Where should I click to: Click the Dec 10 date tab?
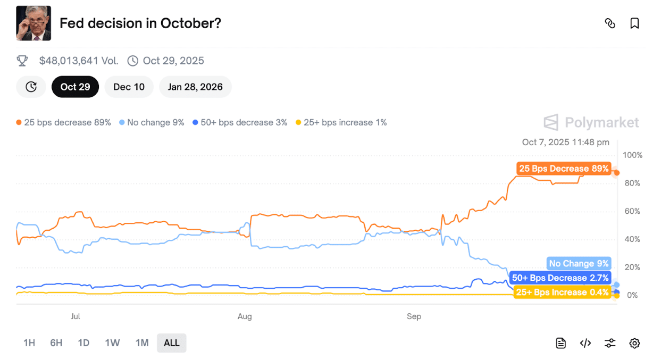click(129, 87)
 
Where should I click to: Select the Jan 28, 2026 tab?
click(195, 87)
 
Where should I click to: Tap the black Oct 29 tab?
click(75, 87)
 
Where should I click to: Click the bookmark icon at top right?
click(634, 23)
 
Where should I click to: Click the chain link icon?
click(610, 23)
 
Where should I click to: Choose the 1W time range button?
click(112, 343)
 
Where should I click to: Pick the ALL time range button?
click(171, 343)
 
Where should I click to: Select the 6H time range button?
click(56, 343)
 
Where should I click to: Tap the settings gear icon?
click(634, 343)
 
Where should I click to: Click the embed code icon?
click(585, 343)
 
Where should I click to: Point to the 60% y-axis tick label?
click(632, 212)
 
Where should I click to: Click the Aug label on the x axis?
click(245, 316)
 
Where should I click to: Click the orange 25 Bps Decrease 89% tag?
click(564, 169)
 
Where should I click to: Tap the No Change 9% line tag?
click(579, 263)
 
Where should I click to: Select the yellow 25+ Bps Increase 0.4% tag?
click(562, 292)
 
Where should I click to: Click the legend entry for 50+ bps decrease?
click(240, 122)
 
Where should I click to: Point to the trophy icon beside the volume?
click(22, 61)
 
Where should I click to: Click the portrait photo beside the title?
click(34, 23)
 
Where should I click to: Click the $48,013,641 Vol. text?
click(79, 61)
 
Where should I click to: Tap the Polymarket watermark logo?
click(591, 122)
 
